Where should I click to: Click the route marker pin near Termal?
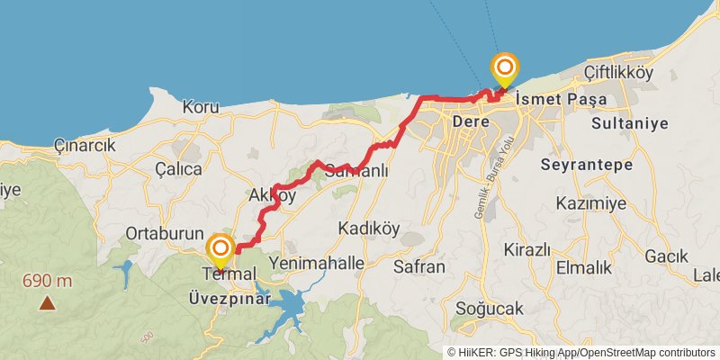click(x=220, y=249)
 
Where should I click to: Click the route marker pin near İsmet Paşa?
click(x=505, y=68)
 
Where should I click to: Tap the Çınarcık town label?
click(x=85, y=145)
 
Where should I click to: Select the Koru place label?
click(x=201, y=107)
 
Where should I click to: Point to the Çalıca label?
click(x=178, y=168)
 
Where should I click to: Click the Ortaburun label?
click(x=165, y=233)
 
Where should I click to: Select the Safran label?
click(x=419, y=266)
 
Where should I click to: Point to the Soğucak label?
click(x=490, y=309)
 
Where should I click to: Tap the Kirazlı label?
click(x=526, y=249)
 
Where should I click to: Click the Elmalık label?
click(x=584, y=267)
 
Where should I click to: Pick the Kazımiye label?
click(x=590, y=203)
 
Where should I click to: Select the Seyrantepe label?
click(x=587, y=165)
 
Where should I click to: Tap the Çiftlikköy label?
click(x=618, y=73)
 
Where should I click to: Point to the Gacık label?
click(x=666, y=256)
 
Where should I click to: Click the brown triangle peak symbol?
click(x=47, y=303)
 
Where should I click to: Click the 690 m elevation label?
click(x=48, y=281)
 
